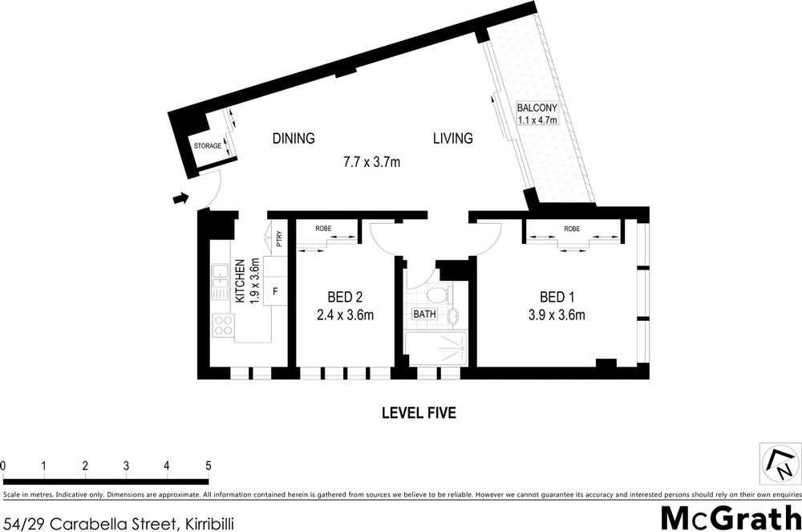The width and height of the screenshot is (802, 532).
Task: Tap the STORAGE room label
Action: [x=208, y=145]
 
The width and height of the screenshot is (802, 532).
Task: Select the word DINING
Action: [x=293, y=138]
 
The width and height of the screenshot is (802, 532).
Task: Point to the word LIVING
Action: [x=452, y=138]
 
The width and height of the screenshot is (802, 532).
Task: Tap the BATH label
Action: [x=424, y=314]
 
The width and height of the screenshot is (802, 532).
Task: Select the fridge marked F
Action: [x=275, y=291]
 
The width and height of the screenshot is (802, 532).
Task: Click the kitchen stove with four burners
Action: [x=222, y=325]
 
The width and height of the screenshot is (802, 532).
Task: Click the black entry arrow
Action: [x=182, y=197]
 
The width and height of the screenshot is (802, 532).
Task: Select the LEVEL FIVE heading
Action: [x=418, y=413]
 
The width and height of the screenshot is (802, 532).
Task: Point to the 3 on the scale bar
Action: [x=126, y=465]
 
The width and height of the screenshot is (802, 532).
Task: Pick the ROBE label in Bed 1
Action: [x=572, y=229]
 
